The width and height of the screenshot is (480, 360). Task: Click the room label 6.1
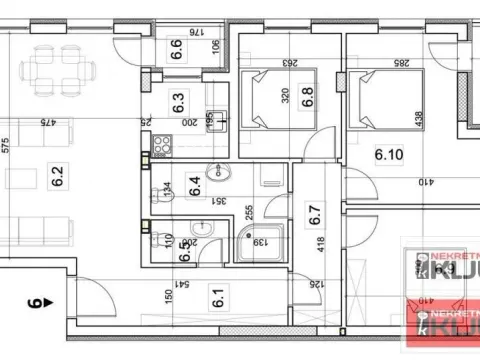(217, 297)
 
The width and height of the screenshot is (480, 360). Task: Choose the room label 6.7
(314, 213)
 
